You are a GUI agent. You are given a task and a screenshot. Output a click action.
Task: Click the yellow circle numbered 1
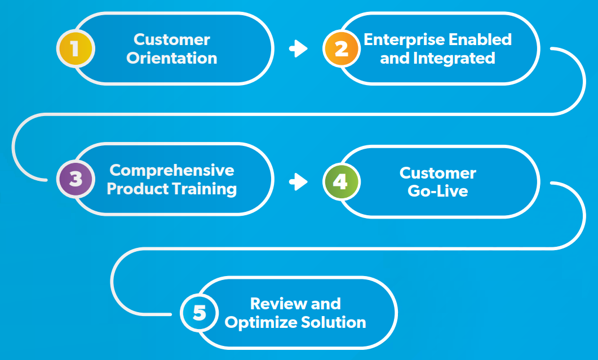click(x=76, y=49)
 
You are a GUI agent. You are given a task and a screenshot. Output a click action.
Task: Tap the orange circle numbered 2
click(x=342, y=49)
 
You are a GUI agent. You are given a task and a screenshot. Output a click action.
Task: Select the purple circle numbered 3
click(x=76, y=179)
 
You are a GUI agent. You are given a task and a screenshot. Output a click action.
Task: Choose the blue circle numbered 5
click(x=199, y=313)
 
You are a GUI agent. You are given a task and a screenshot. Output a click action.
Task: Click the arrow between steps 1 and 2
click(x=298, y=49)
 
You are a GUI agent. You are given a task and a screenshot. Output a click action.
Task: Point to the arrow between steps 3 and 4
click(x=298, y=181)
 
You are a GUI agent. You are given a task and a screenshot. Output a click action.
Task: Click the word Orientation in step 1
click(x=172, y=58)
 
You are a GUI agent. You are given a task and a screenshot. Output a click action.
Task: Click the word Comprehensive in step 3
click(x=172, y=170)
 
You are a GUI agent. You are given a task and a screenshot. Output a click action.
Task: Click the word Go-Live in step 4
click(x=438, y=191)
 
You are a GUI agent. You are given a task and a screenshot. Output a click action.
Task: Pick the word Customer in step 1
click(x=172, y=39)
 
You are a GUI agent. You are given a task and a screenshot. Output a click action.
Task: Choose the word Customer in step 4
click(x=438, y=173)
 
